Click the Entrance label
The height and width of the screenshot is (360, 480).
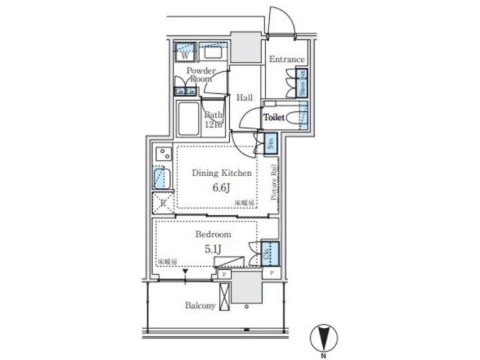[x=287, y=60]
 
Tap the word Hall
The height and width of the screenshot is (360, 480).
[x=245, y=98]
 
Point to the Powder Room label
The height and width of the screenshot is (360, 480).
[x=200, y=74]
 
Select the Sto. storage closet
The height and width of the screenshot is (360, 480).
[x=271, y=142]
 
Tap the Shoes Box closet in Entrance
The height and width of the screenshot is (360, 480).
[x=301, y=82]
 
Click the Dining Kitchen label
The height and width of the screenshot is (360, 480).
[x=221, y=173]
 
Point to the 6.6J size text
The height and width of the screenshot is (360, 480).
[x=221, y=188]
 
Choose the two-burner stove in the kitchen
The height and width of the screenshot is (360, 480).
[x=161, y=155]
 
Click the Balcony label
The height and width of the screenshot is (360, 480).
[x=200, y=306]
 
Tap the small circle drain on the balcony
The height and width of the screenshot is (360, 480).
[x=247, y=307]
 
